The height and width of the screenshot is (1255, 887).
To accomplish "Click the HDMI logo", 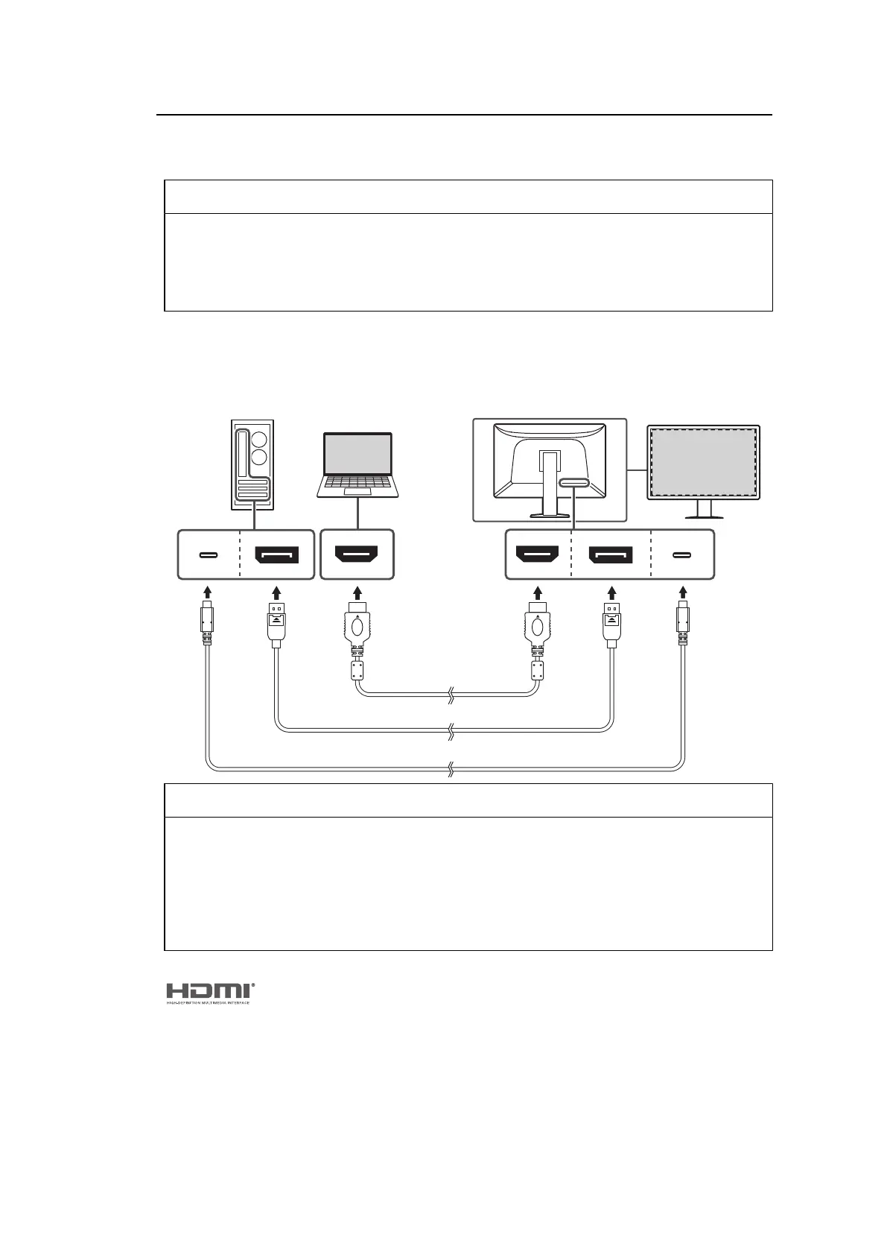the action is (209, 992).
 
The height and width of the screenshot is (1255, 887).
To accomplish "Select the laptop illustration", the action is (357, 464).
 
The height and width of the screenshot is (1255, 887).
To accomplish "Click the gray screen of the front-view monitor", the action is (703, 461).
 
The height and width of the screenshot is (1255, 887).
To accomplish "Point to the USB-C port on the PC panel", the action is (209, 555).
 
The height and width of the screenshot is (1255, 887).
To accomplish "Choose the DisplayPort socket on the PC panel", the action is (276, 555).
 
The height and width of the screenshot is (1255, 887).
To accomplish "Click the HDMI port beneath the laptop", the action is (357, 555).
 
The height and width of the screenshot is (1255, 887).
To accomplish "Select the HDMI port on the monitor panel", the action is (538, 555).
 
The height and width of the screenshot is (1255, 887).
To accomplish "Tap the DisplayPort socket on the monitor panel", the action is (611, 555).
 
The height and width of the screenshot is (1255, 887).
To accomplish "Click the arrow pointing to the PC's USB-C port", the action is (209, 593).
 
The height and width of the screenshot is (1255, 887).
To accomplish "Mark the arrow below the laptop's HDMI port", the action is (357, 593).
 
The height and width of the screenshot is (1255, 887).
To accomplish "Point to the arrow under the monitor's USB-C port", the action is (682, 593).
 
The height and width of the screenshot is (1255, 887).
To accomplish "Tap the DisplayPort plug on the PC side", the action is (276, 623).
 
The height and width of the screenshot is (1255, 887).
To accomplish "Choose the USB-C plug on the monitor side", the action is (682, 623).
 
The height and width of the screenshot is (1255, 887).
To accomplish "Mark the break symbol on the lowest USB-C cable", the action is (450, 768).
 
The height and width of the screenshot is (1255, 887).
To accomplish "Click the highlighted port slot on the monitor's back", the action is (573, 484).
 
